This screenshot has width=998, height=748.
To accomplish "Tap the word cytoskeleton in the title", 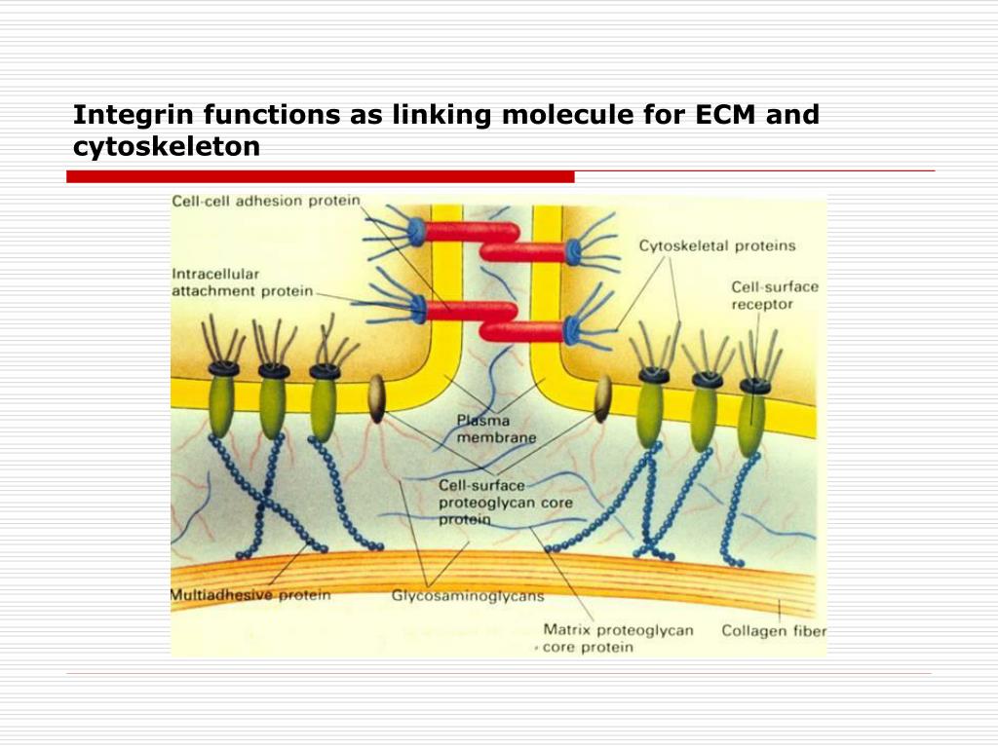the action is pos(167,147).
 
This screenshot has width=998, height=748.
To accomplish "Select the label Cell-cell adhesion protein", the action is pos(265,202).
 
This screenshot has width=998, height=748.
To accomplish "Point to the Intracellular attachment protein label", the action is pos(243,281).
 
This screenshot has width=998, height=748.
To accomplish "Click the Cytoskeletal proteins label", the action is pos(716,245).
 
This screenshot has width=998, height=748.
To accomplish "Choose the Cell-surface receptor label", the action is pos(775,295).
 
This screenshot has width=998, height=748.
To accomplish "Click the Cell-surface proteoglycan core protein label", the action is pos(505,503).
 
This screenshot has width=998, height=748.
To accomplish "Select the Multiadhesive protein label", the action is pos(250,594).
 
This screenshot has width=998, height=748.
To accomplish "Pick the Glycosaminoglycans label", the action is pos(468,595).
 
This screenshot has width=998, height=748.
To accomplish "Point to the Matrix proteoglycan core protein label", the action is pos(618,638).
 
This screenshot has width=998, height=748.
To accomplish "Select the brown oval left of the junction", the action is pos(376,399).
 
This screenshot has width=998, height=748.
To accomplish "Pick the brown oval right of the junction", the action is pos(602,398).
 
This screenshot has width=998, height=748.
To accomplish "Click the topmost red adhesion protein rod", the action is pos(471,232).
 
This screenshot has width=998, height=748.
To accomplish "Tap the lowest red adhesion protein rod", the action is pos(521,331).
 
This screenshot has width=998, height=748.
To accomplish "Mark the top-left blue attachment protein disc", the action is pos(416,231).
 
